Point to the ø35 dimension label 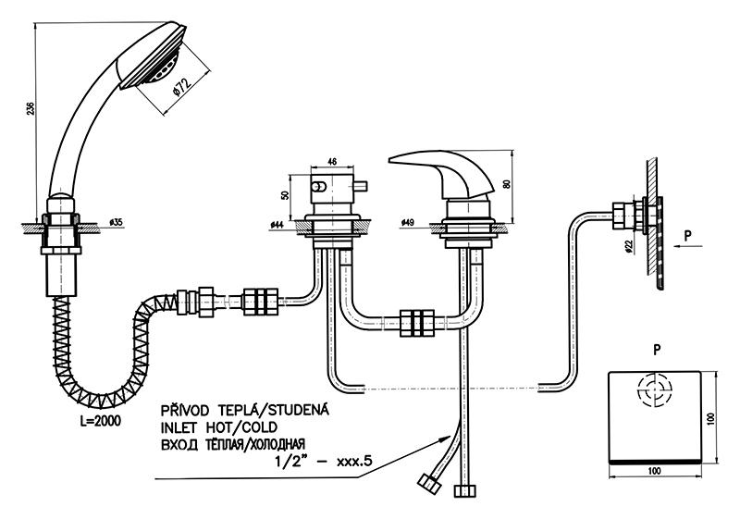click(x=116, y=223)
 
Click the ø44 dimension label click(x=277, y=224)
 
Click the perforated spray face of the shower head click(x=158, y=73)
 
